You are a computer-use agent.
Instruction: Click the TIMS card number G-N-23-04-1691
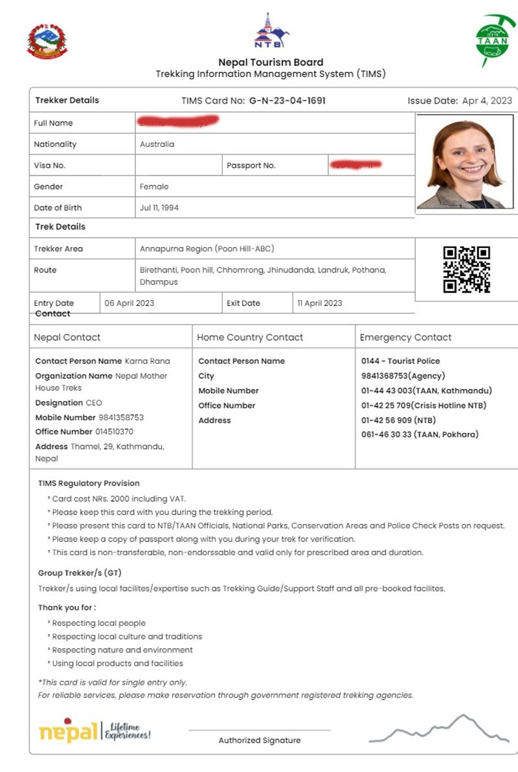(x=287, y=101)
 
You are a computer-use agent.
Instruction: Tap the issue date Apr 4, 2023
(x=486, y=101)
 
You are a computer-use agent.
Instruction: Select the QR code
(x=466, y=269)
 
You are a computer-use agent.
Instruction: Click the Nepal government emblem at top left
(x=47, y=41)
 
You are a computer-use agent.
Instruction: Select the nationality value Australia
(x=157, y=144)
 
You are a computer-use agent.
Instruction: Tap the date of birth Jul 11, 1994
(x=159, y=208)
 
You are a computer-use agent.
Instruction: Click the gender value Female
(x=154, y=186)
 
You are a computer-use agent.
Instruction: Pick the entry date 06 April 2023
(x=129, y=303)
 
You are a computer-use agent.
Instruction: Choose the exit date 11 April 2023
(x=319, y=303)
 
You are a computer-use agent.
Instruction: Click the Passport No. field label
(x=251, y=166)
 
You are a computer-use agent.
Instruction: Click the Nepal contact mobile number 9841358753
(x=121, y=417)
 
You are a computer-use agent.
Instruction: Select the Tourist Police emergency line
(x=400, y=361)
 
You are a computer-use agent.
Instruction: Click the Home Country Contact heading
(x=250, y=337)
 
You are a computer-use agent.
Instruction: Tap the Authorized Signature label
(x=259, y=740)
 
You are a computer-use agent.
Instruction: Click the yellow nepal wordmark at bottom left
(x=68, y=731)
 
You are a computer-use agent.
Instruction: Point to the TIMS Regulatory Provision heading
(x=89, y=483)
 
